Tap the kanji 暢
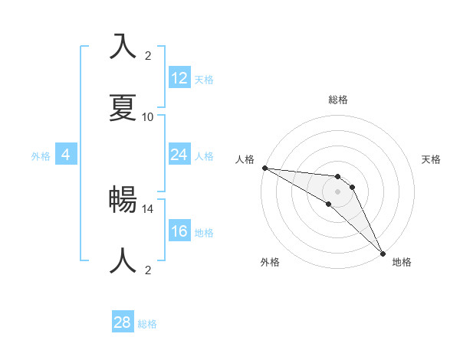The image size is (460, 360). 123,198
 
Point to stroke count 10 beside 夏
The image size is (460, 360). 148,117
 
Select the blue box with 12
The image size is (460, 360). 179,78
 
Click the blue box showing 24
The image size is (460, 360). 179,155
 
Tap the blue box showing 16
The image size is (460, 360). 179,231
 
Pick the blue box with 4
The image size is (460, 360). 66,155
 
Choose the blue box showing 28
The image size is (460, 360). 123,322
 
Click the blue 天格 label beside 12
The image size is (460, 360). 204,80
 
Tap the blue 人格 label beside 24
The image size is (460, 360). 204,156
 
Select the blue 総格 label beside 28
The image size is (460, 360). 147,324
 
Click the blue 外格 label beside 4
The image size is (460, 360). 41,156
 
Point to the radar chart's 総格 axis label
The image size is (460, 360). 338,100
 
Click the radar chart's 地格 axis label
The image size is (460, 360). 402,262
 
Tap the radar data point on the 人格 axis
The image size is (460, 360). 264,168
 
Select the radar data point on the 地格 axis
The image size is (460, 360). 383,254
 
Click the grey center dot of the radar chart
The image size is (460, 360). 337,191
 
